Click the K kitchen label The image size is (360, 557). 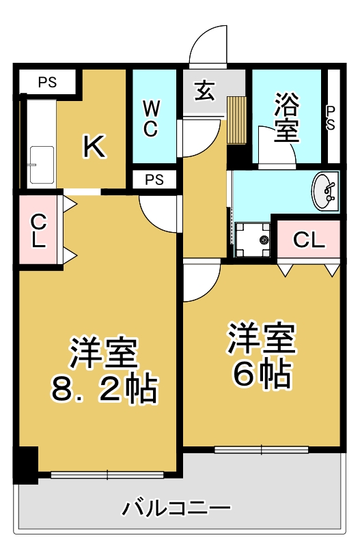coord(94,145)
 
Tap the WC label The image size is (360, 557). coord(152,118)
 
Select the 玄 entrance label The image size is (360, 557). coord(205,91)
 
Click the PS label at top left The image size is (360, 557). coord(47,83)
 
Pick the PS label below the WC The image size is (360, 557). coord(154,180)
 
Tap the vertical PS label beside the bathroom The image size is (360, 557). coord(331,118)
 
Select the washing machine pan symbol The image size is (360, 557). coord(253,239)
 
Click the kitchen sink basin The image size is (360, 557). coord(42,164)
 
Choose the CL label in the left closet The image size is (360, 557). coord(39,231)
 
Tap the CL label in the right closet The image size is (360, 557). coord(308,240)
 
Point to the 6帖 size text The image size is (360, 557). coord(262,373)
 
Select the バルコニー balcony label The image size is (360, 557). coord(177,509)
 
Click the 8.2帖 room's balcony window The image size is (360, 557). coord(107,474)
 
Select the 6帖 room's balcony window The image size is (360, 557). coord(262,449)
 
